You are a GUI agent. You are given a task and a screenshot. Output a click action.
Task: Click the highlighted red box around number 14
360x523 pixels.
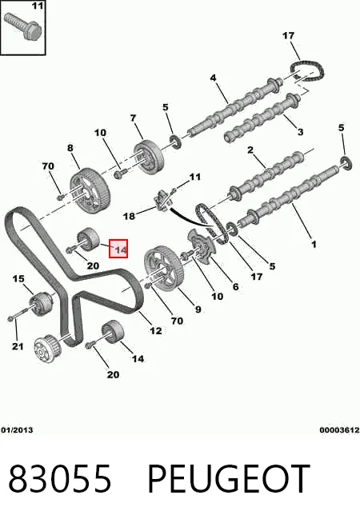click(x=118, y=249)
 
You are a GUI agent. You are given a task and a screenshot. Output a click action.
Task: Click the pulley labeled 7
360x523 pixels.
click(x=149, y=158)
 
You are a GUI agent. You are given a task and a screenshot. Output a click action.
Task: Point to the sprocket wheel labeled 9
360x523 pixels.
click(x=164, y=269)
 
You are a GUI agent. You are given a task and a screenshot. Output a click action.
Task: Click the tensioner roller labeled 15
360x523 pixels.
click(x=42, y=303)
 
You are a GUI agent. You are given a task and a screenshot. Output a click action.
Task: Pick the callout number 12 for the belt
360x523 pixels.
click(x=156, y=330)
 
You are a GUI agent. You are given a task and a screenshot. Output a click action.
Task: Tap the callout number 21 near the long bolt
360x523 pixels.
click(x=18, y=346)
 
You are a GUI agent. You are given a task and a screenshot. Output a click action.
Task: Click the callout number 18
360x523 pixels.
click(x=129, y=216)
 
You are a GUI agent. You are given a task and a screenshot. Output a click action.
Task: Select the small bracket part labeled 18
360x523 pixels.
click(x=162, y=202)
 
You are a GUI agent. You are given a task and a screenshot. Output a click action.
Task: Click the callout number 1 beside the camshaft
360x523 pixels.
click(x=314, y=245)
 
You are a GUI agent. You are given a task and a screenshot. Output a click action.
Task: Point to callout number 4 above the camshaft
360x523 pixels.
click(x=213, y=78)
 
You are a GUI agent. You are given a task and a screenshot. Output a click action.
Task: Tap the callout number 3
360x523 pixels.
click(x=300, y=132)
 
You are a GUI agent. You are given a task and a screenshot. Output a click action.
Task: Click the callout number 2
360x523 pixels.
click(x=250, y=150)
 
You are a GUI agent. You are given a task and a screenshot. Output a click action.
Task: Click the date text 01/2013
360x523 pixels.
click(x=17, y=430)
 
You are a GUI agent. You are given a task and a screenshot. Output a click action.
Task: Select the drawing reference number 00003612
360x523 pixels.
click(x=339, y=430)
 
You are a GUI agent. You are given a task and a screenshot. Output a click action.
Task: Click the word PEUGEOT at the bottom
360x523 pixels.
click(x=229, y=478)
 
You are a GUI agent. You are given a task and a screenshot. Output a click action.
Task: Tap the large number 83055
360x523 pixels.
click(x=59, y=478)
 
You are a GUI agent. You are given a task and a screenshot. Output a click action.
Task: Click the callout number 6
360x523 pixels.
click(x=235, y=286)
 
